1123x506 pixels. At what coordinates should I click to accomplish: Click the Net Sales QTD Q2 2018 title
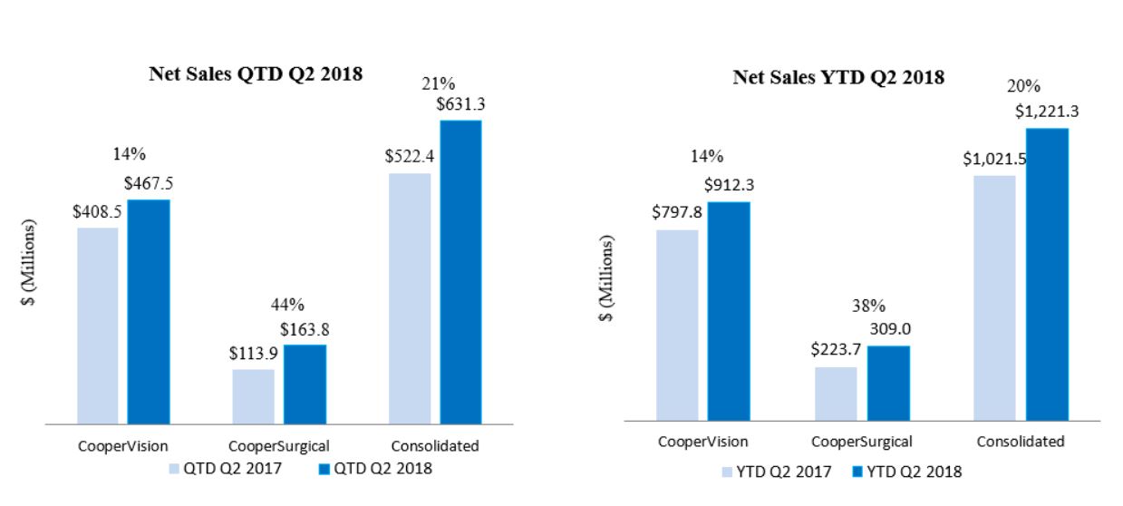click(256, 74)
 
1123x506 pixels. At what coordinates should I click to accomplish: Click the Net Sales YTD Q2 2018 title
click(838, 78)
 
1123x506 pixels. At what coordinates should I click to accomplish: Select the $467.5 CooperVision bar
click(149, 311)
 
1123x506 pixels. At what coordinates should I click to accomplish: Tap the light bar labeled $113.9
click(254, 395)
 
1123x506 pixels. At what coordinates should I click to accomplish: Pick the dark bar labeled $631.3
click(460, 271)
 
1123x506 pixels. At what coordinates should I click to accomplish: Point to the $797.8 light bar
click(677, 325)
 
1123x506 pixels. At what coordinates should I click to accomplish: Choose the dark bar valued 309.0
click(888, 383)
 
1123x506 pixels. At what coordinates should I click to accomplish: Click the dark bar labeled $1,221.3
click(1048, 274)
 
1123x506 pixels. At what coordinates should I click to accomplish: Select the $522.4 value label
click(410, 157)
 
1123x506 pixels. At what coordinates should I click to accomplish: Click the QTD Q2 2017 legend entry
click(226, 469)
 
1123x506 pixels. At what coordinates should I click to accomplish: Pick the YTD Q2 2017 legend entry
click(776, 472)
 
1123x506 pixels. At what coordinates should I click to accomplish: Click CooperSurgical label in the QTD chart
click(278, 446)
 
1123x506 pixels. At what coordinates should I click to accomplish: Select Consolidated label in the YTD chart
click(1021, 442)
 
